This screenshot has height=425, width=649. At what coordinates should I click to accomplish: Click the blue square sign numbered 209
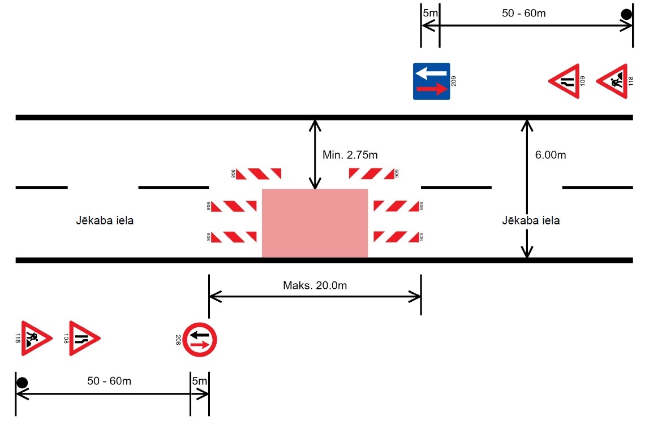click(x=431, y=81)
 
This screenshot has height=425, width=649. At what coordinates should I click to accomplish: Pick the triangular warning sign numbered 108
click(x=82, y=339)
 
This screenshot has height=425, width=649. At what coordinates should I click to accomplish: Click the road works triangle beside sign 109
click(x=613, y=82)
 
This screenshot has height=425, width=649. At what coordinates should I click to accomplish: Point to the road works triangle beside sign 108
click(x=34, y=339)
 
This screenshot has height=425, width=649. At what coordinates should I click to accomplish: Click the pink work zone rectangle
click(x=315, y=223)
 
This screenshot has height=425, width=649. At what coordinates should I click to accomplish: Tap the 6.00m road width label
click(x=550, y=155)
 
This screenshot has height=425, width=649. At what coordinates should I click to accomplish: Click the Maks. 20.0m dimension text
click(x=315, y=285)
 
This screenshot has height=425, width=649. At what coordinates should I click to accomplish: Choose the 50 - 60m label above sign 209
click(x=524, y=13)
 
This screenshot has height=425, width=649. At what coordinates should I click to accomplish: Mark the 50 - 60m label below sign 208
click(x=109, y=381)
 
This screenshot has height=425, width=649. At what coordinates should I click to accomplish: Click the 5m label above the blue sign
click(x=429, y=13)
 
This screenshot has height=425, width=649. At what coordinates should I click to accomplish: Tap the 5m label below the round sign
click(x=200, y=381)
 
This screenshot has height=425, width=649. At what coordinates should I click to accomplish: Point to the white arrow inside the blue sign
click(x=431, y=73)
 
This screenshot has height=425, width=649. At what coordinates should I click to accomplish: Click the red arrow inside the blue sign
click(x=431, y=89)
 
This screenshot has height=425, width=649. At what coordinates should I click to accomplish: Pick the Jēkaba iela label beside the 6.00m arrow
click(x=531, y=220)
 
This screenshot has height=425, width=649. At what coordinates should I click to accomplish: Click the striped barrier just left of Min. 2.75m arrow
click(x=258, y=174)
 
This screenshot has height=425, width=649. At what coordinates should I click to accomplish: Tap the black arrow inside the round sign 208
click(x=200, y=334)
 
